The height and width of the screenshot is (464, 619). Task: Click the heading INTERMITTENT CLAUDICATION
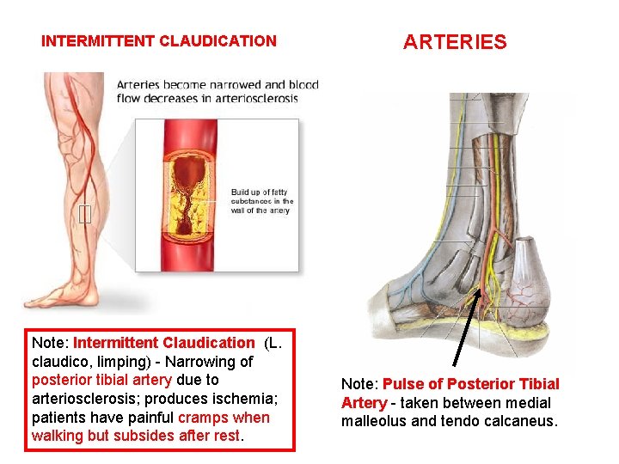[159, 41]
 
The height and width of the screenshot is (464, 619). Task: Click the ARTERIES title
[455, 42]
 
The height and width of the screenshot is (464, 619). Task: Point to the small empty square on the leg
[83, 215]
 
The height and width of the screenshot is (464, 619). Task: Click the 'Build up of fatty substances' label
[262, 201]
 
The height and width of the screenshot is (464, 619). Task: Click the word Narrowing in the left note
[203, 361]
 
